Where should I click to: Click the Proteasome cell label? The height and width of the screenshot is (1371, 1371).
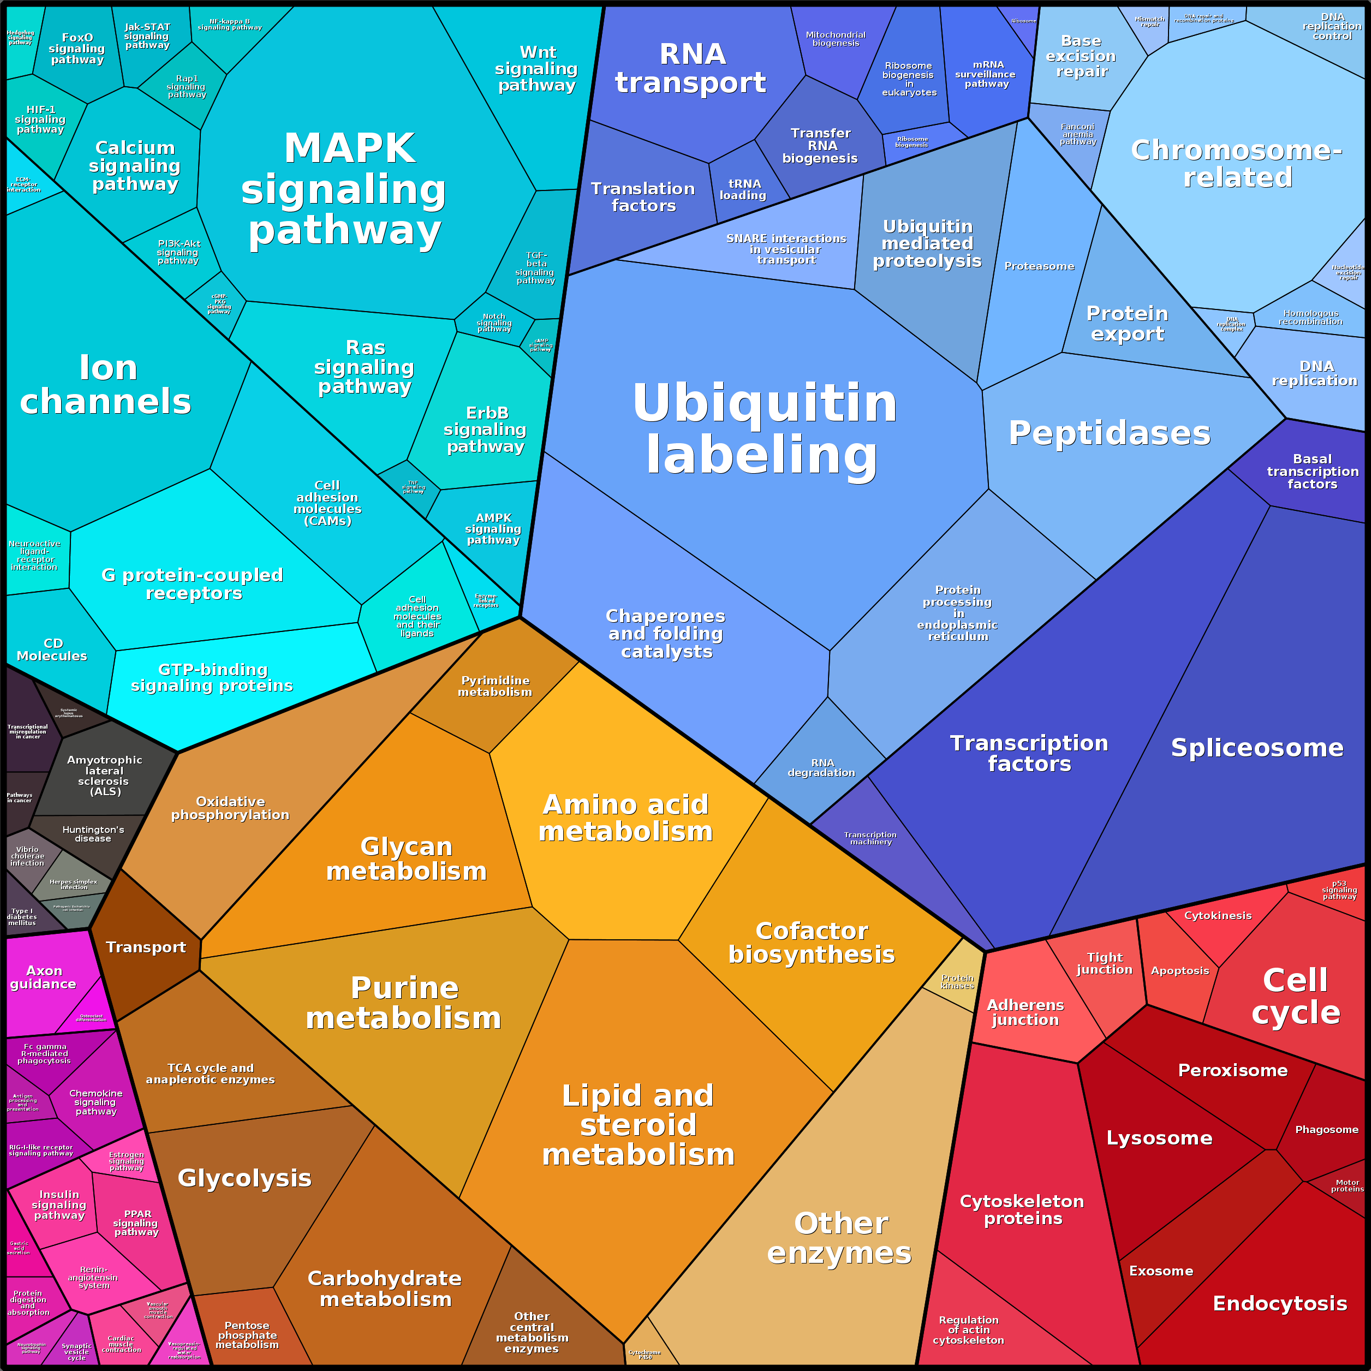(1039, 266)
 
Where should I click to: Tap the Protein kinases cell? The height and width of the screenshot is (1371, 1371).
(957, 982)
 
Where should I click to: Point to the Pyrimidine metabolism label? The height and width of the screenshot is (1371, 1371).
(494, 686)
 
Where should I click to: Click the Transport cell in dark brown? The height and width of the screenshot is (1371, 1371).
(146, 947)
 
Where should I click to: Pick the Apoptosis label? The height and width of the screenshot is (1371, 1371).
(1179, 971)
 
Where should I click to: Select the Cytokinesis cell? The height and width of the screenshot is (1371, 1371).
(1218, 915)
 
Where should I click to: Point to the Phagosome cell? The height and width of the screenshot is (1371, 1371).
(1326, 1129)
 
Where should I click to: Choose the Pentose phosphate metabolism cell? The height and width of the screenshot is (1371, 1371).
(247, 1335)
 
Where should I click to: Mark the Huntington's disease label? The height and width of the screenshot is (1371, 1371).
(93, 834)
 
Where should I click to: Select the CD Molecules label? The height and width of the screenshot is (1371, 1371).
(52, 649)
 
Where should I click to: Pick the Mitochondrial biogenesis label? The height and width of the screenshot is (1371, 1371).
(835, 39)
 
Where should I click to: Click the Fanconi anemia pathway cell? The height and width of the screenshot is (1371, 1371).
(1077, 134)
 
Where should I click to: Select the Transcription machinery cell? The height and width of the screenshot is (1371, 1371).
(871, 838)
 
